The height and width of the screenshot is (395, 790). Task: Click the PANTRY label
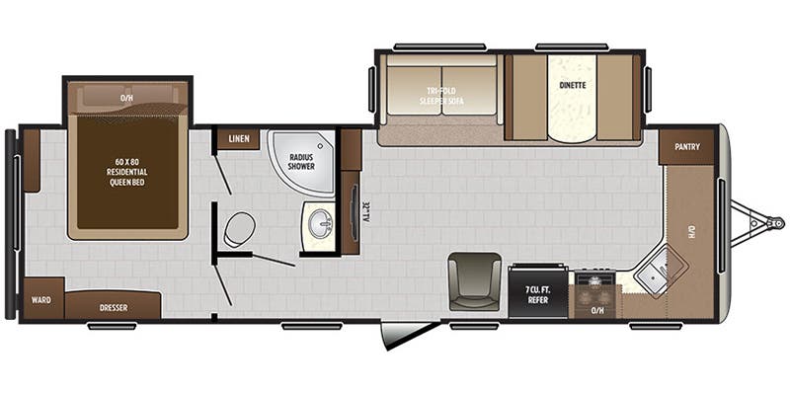[x=687, y=147]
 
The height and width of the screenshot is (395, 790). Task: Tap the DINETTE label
[x=573, y=86]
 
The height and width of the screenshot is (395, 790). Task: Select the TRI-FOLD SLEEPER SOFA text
[x=440, y=97]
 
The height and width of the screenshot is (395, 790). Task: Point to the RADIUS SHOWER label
[x=301, y=161]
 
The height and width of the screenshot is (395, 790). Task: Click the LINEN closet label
[x=239, y=139]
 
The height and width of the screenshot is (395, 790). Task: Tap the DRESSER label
[x=114, y=307]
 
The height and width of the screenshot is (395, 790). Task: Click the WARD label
[x=42, y=300]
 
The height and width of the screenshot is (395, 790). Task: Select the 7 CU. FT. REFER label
[x=537, y=292]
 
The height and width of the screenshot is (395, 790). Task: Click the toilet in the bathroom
[x=238, y=231]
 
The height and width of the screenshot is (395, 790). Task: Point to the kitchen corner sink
[x=653, y=270]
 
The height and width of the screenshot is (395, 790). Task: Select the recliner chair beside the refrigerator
[x=473, y=279]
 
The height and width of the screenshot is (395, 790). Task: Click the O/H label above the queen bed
[x=126, y=99]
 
